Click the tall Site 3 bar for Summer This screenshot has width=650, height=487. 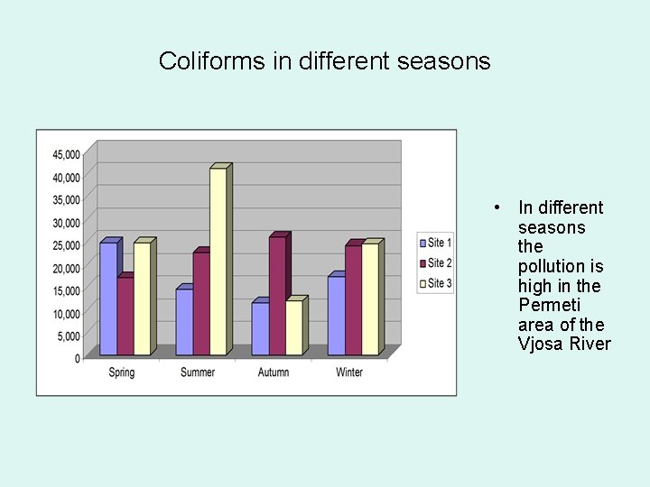coord(218,262)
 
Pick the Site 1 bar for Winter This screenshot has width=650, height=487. coord(336,316)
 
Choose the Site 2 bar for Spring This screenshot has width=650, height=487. coord(125,316)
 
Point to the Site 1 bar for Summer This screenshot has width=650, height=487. coord(184,322)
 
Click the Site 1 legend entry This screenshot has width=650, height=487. coord(434,243)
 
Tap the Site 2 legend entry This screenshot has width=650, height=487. coord(434,263)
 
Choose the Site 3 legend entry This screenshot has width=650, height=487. coord(434,284)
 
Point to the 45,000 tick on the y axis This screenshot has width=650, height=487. coord(65,153)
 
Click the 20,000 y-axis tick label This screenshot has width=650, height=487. coord(65,268)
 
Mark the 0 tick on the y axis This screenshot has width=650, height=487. coord(77,359)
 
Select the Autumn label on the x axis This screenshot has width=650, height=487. coord(274,372)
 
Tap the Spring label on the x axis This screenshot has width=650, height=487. coord(122,372)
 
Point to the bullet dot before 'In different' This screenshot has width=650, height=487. coord(497,207)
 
